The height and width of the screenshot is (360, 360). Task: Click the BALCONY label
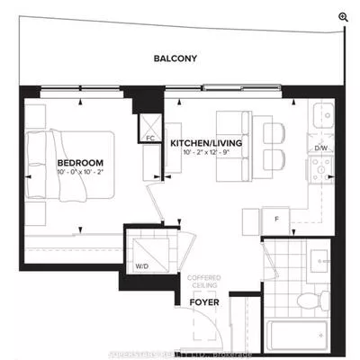click(x=175, y=59)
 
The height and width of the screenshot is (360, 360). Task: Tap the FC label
click(x=151, y=139)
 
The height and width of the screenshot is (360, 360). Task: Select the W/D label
click(x=142, y=267)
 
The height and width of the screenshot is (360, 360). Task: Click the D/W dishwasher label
click(x=320, y=148)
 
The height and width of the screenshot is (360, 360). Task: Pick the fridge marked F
click(x=277, y=218)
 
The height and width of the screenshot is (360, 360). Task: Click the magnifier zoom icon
click(x=343, y=16)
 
